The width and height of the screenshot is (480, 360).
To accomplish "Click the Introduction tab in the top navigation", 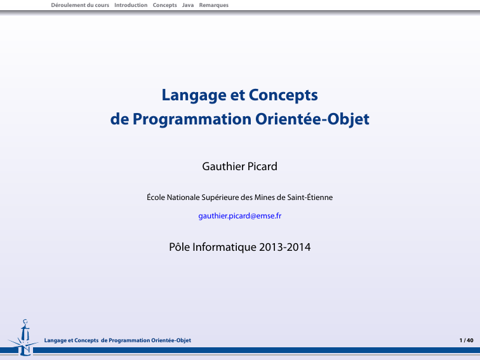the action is point(131,5).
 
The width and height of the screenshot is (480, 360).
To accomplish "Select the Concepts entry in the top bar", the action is point(164,5).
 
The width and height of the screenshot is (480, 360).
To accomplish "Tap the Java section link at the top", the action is point(188,5).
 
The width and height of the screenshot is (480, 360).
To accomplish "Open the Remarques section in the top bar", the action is point(214,5).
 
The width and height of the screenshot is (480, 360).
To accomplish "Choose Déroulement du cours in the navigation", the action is point(80,5).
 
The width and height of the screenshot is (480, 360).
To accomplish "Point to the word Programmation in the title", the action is point(192,119).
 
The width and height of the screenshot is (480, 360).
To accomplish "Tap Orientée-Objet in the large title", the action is point(312,119).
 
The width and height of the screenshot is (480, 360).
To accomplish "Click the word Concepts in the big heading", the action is point(283,95).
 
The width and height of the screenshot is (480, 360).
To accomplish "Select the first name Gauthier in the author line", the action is point(223,166).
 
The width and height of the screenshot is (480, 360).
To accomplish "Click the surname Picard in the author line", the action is point(262,166).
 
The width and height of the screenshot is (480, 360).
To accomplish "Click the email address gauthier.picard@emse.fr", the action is point(240,216).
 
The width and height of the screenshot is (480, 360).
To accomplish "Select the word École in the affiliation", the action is point(156,197).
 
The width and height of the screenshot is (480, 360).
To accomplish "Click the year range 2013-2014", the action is point(284,248).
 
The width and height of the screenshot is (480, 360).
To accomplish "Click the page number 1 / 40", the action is point(466,340).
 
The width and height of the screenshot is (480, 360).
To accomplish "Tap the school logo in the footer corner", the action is point(23,338).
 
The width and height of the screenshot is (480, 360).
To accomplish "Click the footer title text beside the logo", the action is point(117,340).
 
